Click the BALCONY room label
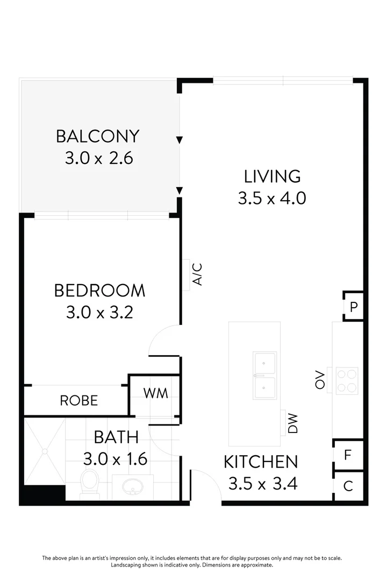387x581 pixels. [x=98, y=136]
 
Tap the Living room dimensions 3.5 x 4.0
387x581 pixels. [x=272, y=198]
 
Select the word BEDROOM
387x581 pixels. [x=99, y=290]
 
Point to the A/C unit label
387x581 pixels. [x=197, y=274]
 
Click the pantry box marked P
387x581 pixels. [x=354, y=307]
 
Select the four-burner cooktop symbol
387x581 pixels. [x=347, y=380]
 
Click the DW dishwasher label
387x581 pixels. [x=293, y=423]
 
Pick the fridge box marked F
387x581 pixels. [x=348, y=455]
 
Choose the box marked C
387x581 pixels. [x=348, y=486]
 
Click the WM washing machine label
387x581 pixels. [x=155, y=393]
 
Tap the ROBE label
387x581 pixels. [x=79, y=401]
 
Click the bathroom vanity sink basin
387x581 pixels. [x=132, y=487]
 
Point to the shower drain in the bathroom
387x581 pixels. [x=45, y=451]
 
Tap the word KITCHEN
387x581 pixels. [x=261, y=462]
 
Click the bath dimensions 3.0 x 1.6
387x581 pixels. [x=116, y=459]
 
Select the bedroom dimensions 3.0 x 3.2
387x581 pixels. [x=99, y=313]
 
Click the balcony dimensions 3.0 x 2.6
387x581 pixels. [x=98, y=159]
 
